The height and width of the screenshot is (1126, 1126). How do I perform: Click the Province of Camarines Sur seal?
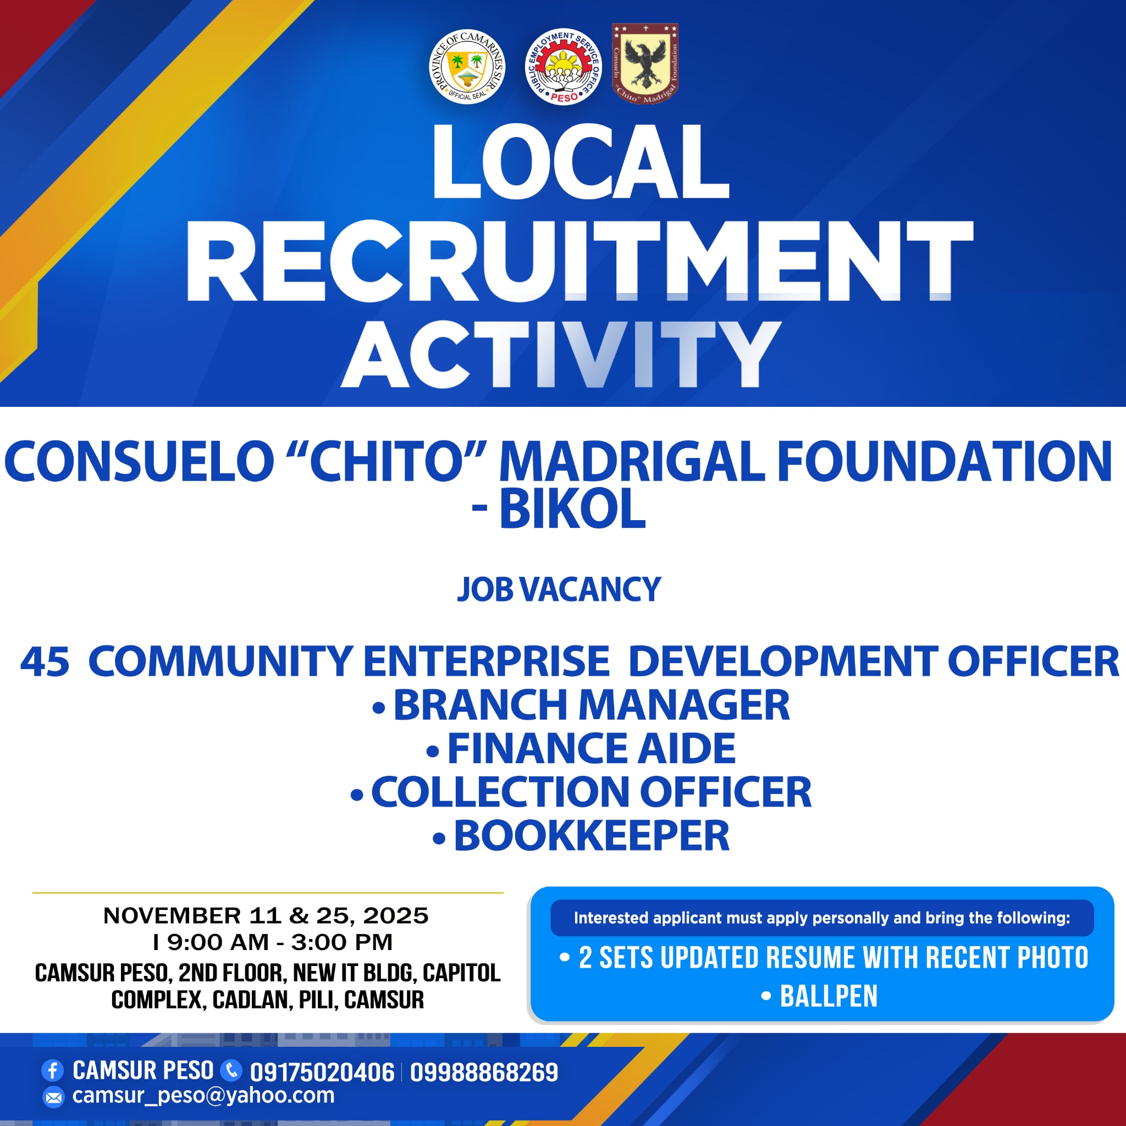point(467,67)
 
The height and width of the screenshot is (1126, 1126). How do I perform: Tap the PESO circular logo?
point(562,67)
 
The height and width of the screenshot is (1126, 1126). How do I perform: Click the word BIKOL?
point(572,509)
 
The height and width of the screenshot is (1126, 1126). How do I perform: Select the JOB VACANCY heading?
point(559,589)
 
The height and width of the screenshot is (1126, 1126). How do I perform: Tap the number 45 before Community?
point(45,663)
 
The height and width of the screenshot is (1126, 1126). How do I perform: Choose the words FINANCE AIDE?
point(591,748)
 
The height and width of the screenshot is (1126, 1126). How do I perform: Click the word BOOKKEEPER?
point(591,836)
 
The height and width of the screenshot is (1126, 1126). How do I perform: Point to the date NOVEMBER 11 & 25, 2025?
point(266,915)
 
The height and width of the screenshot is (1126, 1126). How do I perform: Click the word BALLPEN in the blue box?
point(828,996)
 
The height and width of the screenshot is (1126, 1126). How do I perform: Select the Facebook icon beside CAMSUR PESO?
point(52,1070)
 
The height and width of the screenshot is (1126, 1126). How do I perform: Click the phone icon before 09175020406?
point(231,1070)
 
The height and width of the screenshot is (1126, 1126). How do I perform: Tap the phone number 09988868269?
point(484,1072)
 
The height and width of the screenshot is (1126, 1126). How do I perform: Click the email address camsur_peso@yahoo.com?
point(203,1095)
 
